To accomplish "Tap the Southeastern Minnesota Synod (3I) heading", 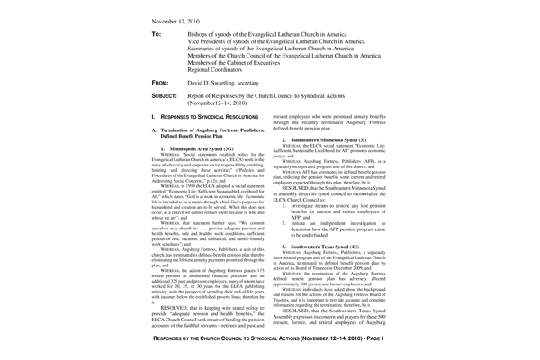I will [x=330, y=141].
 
